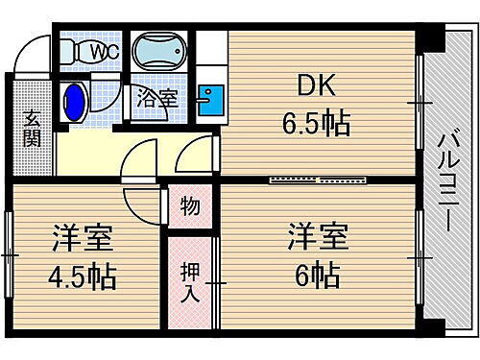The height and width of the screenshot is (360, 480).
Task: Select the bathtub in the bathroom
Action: tap(160, 53)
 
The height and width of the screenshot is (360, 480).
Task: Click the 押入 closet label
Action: tap(190, 277)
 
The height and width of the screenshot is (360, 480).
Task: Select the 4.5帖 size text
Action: tap(84, 277)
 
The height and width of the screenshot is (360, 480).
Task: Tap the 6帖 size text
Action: tap(314, 276)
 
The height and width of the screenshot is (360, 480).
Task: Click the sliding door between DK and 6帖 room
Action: tap(317, 179)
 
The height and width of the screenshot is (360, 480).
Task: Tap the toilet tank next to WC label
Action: tap(69, 51)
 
